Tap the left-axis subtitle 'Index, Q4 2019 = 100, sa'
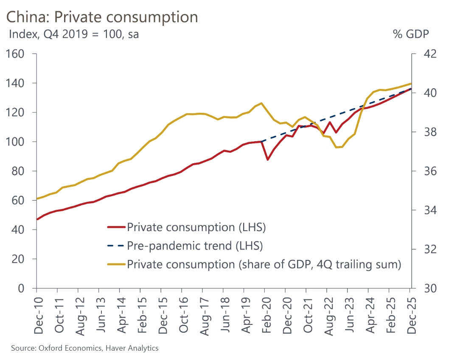point(74,34)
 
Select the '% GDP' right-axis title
point(411,34)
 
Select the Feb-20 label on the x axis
point(265,313)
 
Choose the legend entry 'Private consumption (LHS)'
point(196,227)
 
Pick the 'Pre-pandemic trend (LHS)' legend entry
point(195,246)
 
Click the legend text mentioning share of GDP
point(264,264)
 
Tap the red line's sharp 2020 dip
point(267,159)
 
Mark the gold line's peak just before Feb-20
point(261,103)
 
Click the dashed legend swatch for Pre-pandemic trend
point(115,246)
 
